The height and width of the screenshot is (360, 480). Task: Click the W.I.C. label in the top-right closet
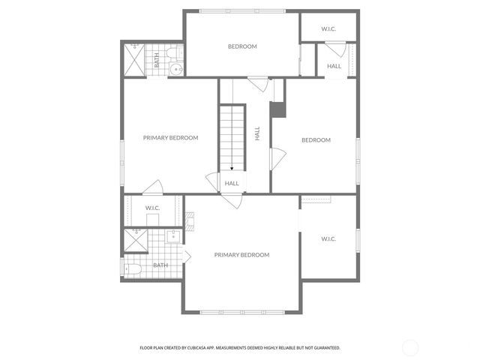pos(328,29)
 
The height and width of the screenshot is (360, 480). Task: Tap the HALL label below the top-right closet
pos(334,66)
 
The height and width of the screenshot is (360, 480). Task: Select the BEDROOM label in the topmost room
pos(242,46)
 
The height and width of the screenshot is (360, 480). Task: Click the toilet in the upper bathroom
pos(172,52)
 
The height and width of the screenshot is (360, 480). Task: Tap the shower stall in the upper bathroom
pos(133,58)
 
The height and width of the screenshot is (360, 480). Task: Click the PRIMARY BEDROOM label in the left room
pos(171,137)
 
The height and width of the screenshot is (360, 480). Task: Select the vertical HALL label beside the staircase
pos(257,133)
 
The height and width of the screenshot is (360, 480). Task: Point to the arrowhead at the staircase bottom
pos(232,169)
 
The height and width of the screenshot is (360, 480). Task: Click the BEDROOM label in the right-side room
pos(316,139)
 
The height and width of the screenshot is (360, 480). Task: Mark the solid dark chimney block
pos(277,109)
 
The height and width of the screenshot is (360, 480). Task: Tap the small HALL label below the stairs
pos(232,183)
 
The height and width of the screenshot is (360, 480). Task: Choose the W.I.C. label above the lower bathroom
pos(152,208)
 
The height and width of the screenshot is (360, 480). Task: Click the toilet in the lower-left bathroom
pos(132,268)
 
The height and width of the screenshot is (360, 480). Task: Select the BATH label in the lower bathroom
pos(160,265)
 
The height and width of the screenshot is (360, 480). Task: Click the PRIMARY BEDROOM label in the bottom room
pos(241,255)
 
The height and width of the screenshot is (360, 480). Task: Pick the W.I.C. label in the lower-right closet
pos(328,238)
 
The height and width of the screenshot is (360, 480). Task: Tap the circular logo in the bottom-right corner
pos(410,347)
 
